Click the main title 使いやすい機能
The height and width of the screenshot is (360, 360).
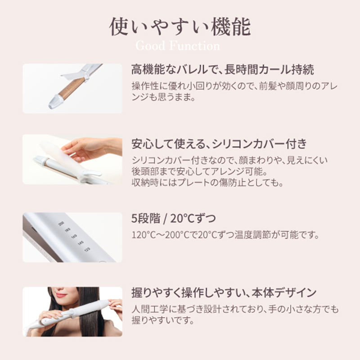[x=180, y=27]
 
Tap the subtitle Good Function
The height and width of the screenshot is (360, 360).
[x=178, y=46]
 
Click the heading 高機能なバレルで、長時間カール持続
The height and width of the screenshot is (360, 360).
[x=222, y=69]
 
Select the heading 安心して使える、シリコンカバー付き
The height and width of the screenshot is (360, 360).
[x=219, y=144]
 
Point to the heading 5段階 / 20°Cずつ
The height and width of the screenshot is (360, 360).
[x=173, y=218]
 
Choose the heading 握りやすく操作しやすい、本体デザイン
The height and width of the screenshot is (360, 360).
[x=224, y=292]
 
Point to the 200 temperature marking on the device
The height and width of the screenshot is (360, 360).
[x=61, y=223]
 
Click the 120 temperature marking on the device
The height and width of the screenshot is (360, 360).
[x=87, y=249]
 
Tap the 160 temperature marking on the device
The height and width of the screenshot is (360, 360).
[x=74, y=236]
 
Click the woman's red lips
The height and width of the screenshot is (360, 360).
[x=61, y=295]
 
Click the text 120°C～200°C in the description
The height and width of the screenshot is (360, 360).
[x=159, y=235]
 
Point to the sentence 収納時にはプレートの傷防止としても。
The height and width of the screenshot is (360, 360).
[x=207, y=183]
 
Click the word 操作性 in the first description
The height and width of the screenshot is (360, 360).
[x=145, y=86]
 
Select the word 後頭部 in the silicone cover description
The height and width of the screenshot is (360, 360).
[x=145, y=171]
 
